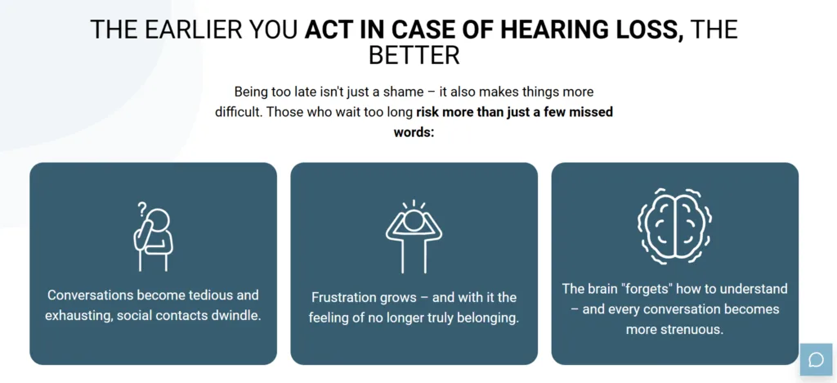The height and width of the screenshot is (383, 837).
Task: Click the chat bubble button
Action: [x=817, y=359]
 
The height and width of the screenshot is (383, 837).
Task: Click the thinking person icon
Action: [x=153, y=237]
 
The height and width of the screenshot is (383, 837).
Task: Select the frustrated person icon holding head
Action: [x=414, y=237]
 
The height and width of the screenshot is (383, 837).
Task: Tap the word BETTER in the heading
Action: [x=414, y=55]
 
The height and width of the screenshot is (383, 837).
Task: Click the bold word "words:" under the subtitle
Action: [x=414, y=132]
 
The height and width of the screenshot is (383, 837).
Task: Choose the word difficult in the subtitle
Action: [x=239, y=112]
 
